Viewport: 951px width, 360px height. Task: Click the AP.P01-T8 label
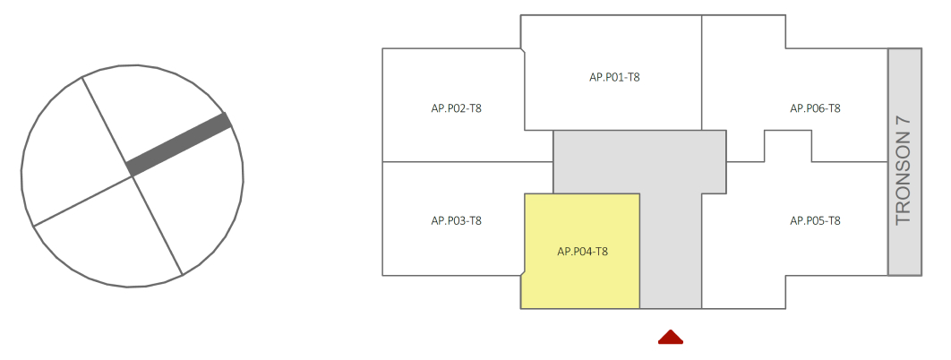pos(614,77)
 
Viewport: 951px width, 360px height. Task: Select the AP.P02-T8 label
pos(457,108)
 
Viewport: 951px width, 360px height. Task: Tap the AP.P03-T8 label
pos(457,220)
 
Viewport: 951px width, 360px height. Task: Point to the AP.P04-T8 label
pos(583,252)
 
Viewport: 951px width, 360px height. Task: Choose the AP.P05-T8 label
pos(815,220)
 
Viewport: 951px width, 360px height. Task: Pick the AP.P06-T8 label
pos(815,108)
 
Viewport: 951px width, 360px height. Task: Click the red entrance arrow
pos(671,337)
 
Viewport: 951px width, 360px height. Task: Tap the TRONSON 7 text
pos(904,170)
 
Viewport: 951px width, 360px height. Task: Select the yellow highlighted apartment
pos(582,224)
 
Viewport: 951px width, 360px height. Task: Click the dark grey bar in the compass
pos(179,144)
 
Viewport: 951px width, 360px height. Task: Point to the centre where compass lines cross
pos(133,176)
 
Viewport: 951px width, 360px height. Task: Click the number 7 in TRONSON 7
pos(904,124)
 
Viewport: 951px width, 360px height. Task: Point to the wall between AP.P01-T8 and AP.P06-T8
pos(702,72)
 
